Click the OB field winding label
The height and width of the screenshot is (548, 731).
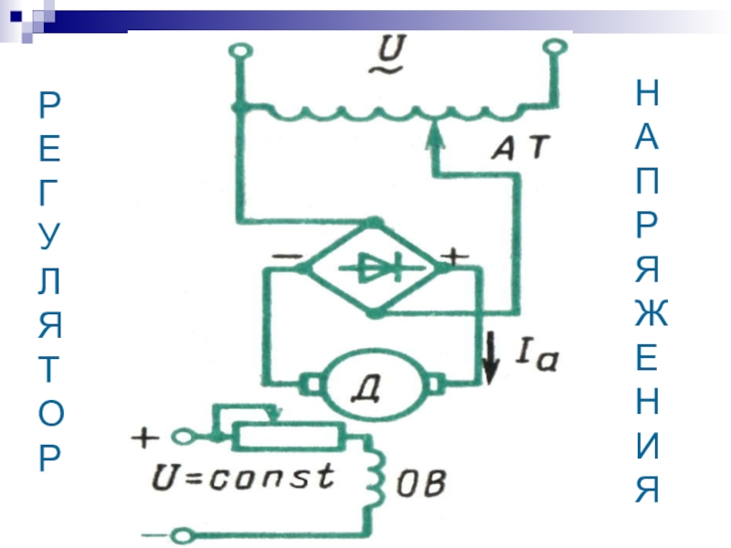pyautogui.click(x=420, y=483)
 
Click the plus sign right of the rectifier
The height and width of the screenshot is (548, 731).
pyautogui.click(x=454, y=257)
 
